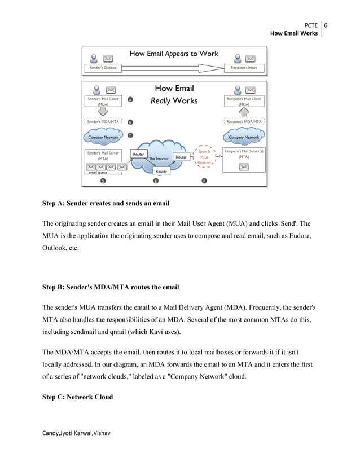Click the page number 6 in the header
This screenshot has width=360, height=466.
326,25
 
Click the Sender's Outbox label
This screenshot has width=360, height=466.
103,68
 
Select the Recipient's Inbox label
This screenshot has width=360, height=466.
244,68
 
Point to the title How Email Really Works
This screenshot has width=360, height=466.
174,94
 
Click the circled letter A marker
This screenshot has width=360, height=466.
130,99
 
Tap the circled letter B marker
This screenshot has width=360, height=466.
130,122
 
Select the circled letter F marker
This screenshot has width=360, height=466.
204,181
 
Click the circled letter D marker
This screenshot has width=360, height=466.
103,181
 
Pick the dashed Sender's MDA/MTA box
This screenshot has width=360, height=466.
103,121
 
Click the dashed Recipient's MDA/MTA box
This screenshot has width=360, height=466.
244,121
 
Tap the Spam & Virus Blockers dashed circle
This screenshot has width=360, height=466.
204,157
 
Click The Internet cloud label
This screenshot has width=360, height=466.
159,159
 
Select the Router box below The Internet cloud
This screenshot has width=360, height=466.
161,171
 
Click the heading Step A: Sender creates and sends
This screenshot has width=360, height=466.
106,203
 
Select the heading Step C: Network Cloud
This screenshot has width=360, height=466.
77,397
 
